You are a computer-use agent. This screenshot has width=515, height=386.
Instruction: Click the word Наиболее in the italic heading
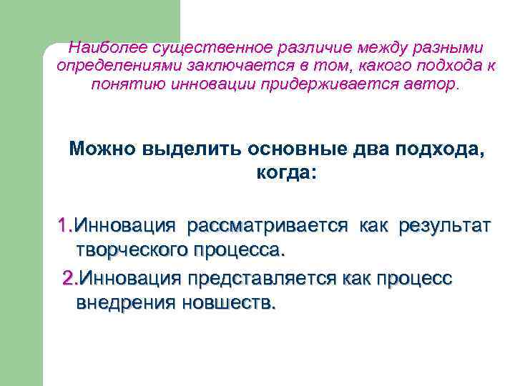click(99, 48)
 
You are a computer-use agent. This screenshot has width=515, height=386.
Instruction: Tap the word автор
click(433, 85)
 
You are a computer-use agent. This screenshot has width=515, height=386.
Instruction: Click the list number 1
click(64, 227)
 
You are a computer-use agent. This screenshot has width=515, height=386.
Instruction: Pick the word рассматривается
click(267, 227)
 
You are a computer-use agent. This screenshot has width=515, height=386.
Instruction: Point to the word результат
click(444, 227)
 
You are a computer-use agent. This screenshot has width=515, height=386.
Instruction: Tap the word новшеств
click(228, 302)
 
